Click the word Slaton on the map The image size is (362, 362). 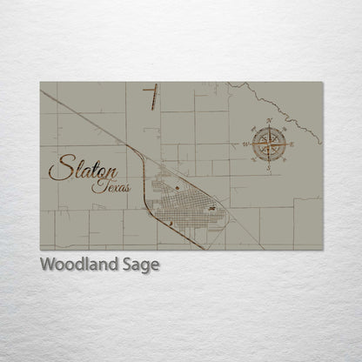click(x=84, y=168)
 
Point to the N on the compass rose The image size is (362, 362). click(x=270, y=120)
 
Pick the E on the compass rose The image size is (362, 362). click(x=292, y=143)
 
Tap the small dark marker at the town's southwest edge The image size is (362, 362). click(x=171, y=224)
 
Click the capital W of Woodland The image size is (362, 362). click(x=49, y=265)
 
